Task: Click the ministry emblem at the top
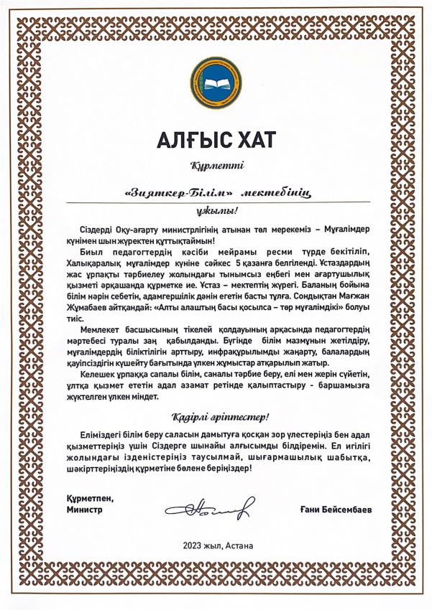[x=216, y=84]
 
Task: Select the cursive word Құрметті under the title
[x=217, y=166]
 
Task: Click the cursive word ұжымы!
[x=216, y=212]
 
